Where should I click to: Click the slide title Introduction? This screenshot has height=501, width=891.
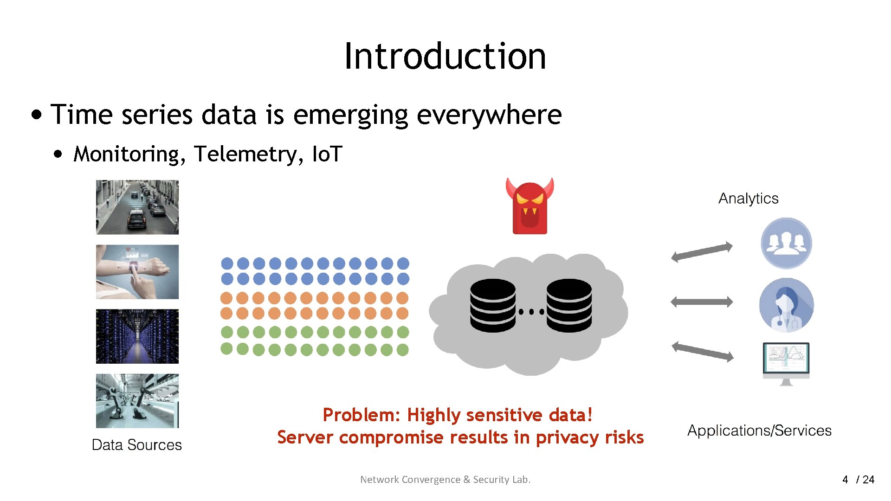445,56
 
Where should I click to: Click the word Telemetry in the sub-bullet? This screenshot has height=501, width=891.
245,154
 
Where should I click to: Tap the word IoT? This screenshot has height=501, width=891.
327,154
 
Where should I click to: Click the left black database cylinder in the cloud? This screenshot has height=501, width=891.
492,305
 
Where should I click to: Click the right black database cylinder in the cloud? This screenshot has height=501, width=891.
569,305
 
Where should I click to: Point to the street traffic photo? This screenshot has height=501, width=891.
137,207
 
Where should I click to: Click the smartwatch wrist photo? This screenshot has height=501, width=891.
137,272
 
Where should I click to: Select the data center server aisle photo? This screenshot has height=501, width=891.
137,336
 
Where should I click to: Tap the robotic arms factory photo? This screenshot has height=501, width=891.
137,401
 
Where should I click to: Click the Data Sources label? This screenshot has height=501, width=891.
136,444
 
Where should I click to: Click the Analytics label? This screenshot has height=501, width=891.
748,199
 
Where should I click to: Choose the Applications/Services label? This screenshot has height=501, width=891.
759,430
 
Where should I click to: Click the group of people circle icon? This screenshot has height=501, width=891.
786,243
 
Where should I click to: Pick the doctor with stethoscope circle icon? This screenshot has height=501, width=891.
786,305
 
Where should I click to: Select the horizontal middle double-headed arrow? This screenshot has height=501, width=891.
702,302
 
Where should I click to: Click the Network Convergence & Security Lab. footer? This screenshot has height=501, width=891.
445,480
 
